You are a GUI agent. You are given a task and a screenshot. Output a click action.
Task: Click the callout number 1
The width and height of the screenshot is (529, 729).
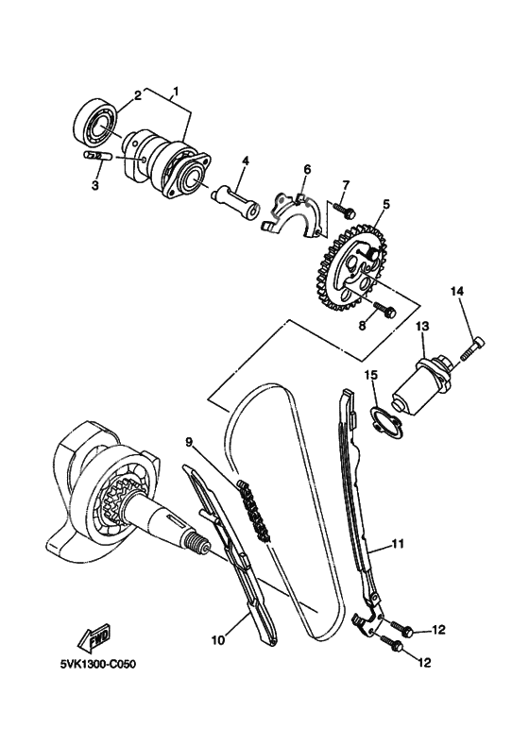click(x=174, y=94)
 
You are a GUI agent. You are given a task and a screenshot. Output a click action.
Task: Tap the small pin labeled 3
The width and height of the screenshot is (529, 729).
click(x=97, y=155)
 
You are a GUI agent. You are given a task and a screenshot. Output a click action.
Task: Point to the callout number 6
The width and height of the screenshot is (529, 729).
click(x=307, y=170)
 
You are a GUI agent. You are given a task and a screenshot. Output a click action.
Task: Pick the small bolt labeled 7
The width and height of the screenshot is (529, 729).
click(x=345, y=212)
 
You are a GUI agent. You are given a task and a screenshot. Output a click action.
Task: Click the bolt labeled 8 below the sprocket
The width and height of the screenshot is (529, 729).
click(x=383, y=308)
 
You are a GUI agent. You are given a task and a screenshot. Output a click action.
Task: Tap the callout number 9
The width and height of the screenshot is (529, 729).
click(x=188, y=441)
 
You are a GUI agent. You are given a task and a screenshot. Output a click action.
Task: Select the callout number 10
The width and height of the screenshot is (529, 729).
click(x=217, y=640)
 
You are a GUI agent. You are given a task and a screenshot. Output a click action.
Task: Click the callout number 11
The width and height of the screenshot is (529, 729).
click(x=398, y=544)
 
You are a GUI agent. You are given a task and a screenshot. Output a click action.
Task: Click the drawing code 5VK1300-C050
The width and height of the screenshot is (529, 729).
click(x=95, y=665)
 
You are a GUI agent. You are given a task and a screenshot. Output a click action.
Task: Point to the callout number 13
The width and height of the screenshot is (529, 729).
click(x=421, y=326)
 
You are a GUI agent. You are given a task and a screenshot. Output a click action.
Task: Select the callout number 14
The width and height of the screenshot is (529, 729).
click(x=457, y=292)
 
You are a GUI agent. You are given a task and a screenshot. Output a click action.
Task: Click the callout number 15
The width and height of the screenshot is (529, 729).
click(x=371, y=375)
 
